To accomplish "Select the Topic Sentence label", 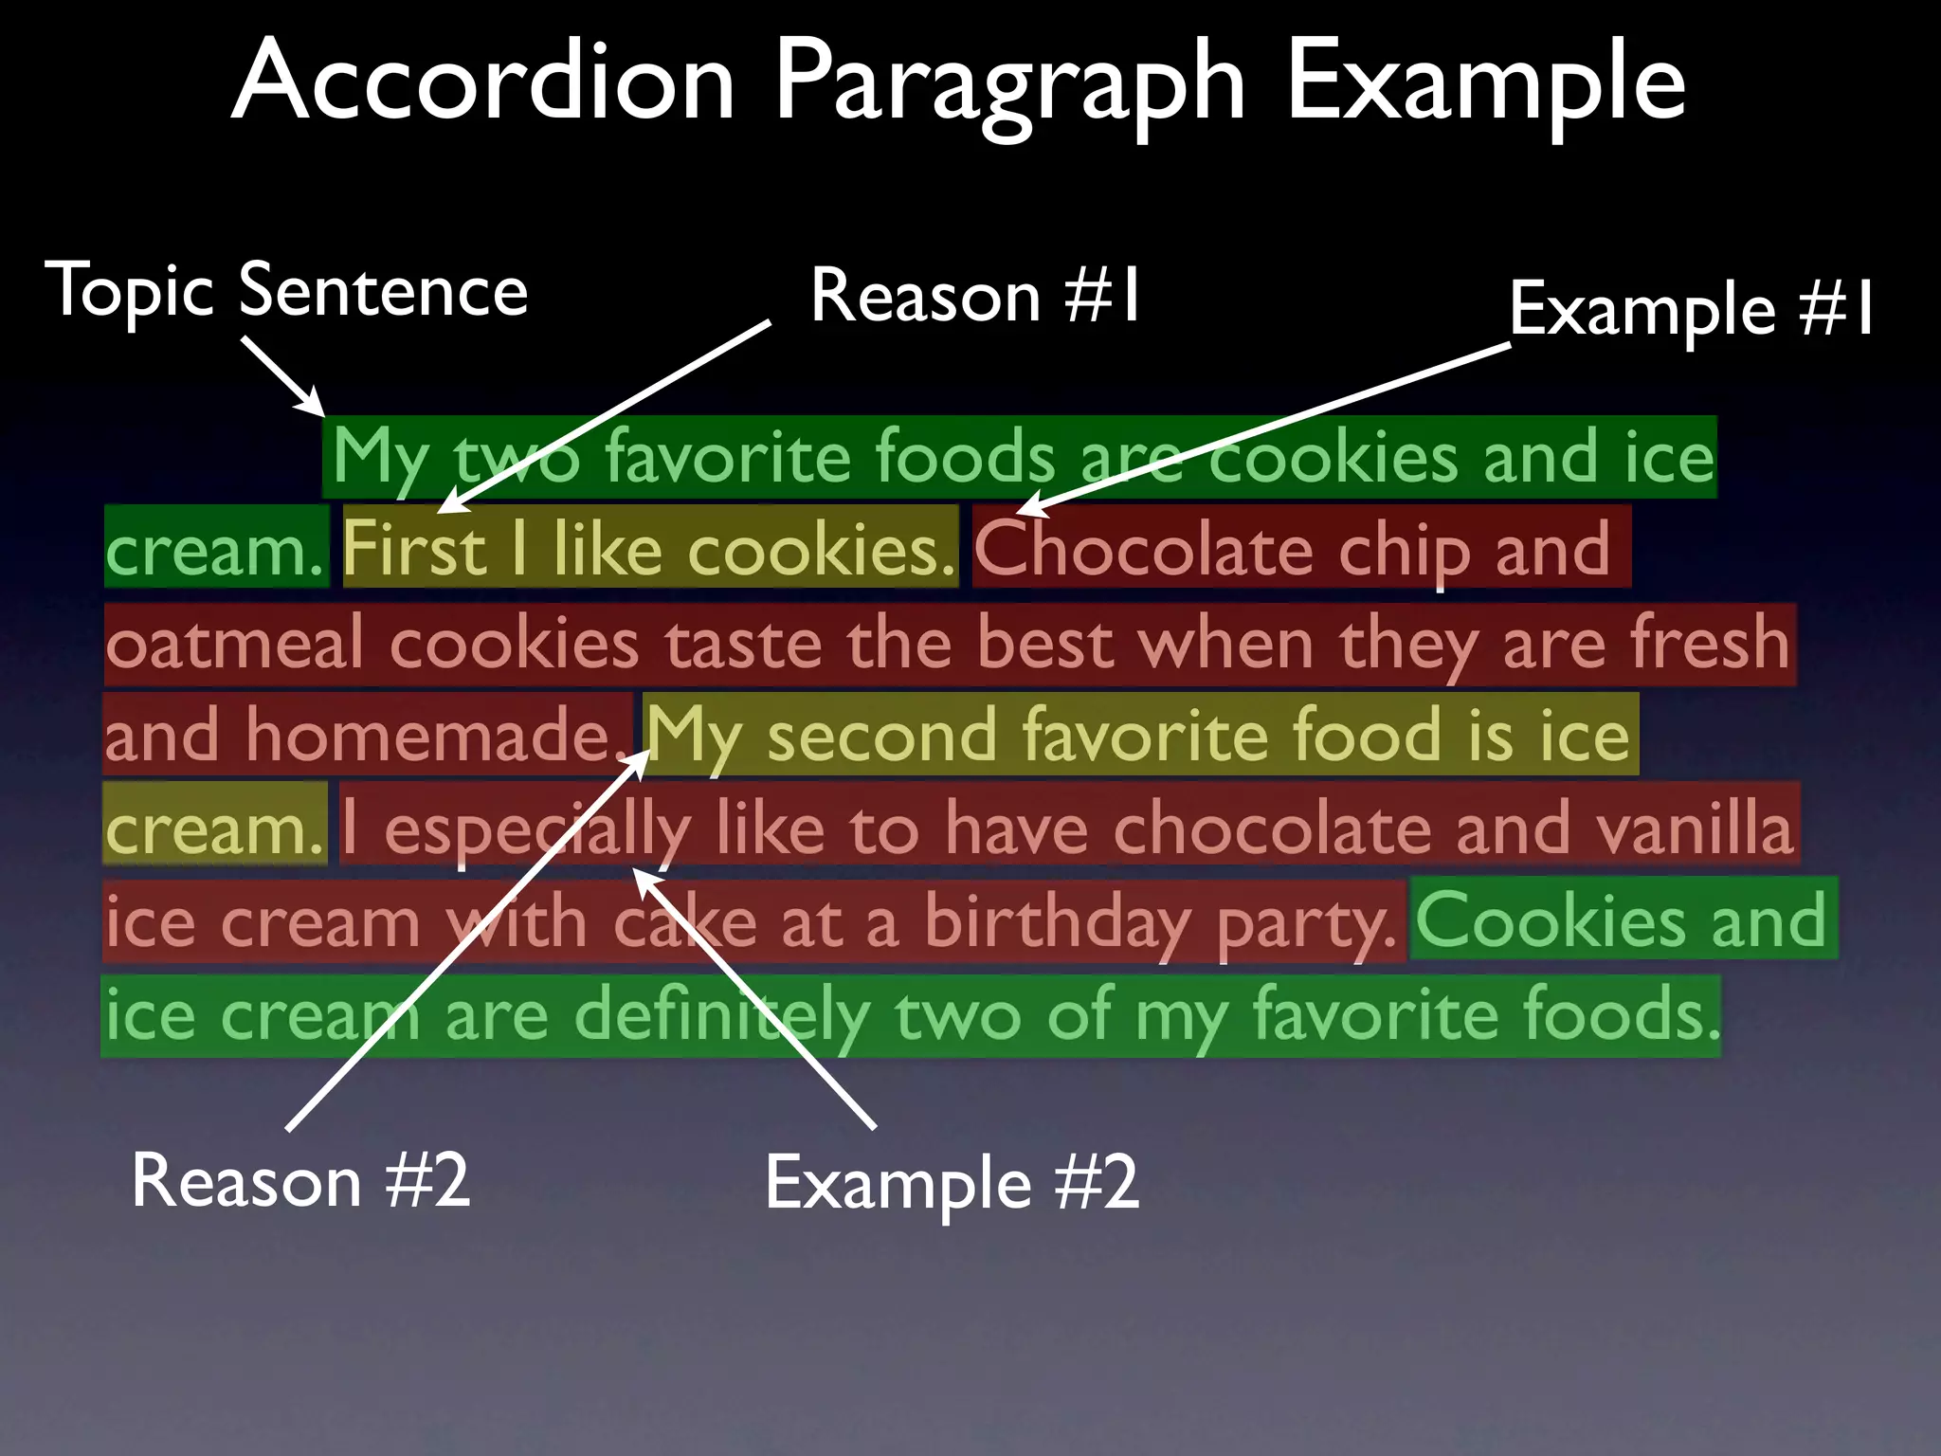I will [286, 291].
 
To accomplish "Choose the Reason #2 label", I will [300, 1181].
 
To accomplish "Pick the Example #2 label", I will [951, 1184].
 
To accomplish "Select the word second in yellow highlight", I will [881, 736].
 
